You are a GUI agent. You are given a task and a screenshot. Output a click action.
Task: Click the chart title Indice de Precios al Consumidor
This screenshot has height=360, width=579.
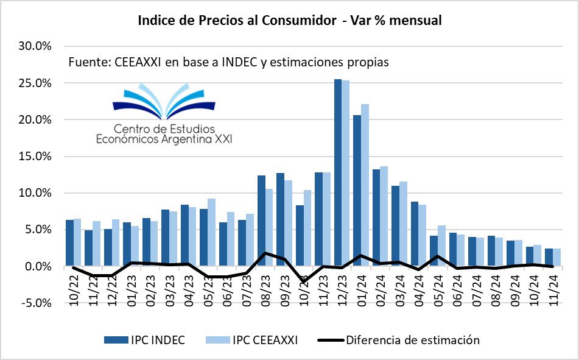point(237,21)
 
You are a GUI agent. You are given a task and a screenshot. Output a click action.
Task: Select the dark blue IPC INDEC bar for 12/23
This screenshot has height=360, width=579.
point(337,177)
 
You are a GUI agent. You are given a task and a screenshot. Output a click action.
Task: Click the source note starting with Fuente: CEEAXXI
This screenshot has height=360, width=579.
point(228,62)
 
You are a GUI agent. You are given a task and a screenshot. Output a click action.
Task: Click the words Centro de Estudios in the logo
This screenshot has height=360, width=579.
point(164,129)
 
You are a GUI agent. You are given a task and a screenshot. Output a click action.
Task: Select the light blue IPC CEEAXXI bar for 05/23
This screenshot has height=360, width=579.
point(211,231)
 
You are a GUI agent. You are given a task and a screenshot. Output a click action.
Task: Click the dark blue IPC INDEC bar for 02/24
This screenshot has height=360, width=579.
point(376,216)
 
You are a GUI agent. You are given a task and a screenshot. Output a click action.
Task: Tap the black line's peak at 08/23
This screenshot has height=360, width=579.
point(265,253)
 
